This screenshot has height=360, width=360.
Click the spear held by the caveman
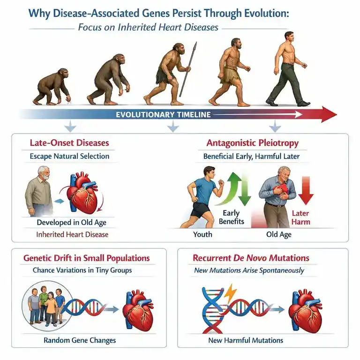(188, 69)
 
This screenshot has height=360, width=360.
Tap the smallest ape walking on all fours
(52, 87)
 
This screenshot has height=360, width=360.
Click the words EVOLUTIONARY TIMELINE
(163, 114)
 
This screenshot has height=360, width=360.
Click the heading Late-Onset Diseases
(69, 143)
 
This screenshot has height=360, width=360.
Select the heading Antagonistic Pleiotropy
(252, 143)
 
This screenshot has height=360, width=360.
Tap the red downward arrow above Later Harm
(306, 190)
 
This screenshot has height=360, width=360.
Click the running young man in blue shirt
(202, 197)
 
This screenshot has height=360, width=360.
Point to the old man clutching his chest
(278, 197)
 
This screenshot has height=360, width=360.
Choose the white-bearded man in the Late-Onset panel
(39, 191)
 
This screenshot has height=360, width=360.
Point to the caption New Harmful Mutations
(246, 340)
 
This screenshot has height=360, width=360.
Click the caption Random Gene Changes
(80, 340)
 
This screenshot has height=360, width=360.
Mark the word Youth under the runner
(202, 234)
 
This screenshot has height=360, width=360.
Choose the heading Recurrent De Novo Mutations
(251, 258)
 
